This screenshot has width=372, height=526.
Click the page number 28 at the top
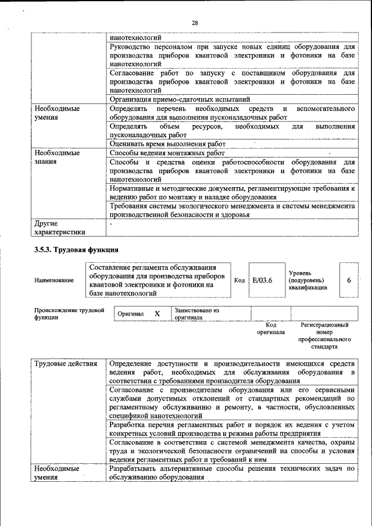[195, 23]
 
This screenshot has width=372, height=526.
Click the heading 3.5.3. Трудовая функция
[76, 249]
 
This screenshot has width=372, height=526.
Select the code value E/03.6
[262, 280]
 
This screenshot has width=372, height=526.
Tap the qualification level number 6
[349, 280]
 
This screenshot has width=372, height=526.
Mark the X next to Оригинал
[157, 314]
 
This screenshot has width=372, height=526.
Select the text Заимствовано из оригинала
[196, 314]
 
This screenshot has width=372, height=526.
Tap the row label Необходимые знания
[56, 157]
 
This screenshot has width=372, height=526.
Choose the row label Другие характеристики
[60, 227]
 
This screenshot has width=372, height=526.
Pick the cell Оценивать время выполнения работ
[167, 144]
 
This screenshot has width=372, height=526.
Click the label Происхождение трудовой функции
[68, 314]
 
